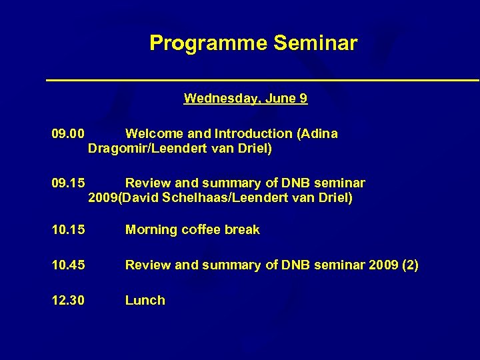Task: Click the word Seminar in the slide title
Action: pyautogui.click(x=315, y=44)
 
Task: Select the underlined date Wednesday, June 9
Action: pyautogui.click(x=245, y=99)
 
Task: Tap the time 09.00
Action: pyautogui.click(x=68, y=134)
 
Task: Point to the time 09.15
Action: pyautogui.click(x=68, y=183)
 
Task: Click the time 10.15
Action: pyautogui.click(x=68, y=230)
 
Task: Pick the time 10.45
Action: pyautogui.click(x=68, y=265)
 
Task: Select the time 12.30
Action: pyautogui.click(x=68, y=301)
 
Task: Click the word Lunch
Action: pyautogui.click(x=145, y=301)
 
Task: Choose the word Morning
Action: pyautogui.click(x=149, y=230)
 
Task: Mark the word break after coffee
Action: pyautogui.click(x=242, y=230)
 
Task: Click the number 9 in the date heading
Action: pyautogui.click(x=303, y=99)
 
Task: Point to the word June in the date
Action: pyautogui.click(x=281, y=99)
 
